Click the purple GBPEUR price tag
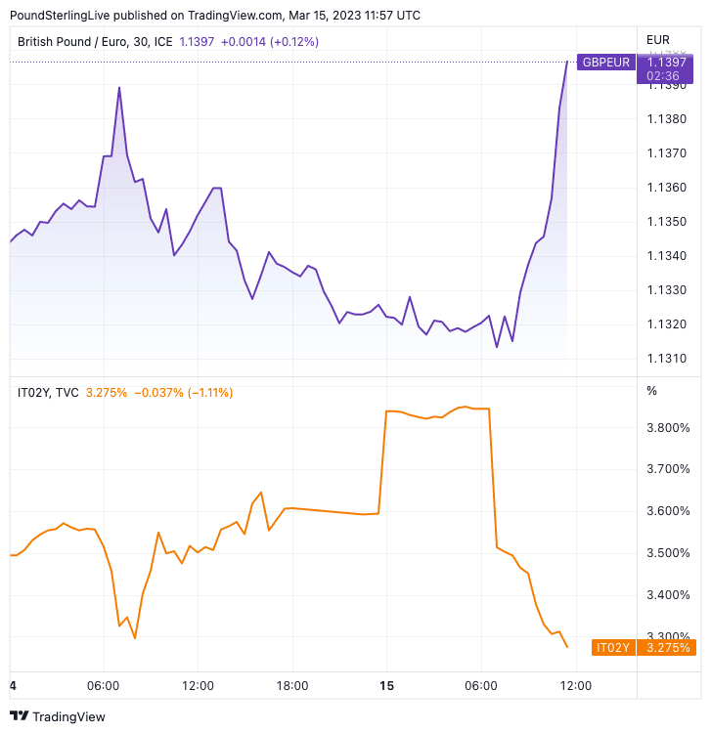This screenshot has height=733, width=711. click(605, 63)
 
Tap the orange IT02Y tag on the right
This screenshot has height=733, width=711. click(614, 647)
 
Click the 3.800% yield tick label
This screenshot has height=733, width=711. click(668, 427)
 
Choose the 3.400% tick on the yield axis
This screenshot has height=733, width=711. click(668, 595)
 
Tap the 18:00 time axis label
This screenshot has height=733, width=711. click(291, 686)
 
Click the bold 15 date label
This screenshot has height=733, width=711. click(386, 686)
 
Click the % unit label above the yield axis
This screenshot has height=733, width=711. click(652, 391)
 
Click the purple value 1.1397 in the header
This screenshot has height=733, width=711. click(197, 41)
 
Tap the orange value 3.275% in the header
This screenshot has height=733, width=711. click(107, 393)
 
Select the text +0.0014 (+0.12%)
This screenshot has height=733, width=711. click(270, 41)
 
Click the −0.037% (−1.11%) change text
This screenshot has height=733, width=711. click(183, 393)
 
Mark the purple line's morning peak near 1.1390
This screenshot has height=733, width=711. click(119, 88)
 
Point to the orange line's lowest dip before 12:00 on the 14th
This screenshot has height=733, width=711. click(135, 638)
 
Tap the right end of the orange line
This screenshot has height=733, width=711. click(567, 647)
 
